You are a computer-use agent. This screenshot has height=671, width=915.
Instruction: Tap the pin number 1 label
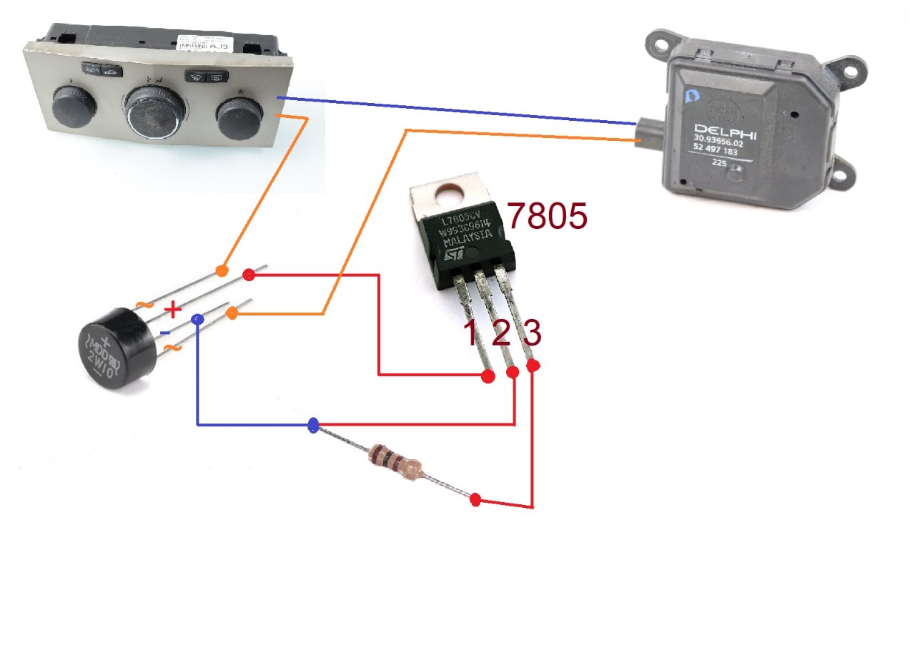pyautogui.click(x=470, y=333)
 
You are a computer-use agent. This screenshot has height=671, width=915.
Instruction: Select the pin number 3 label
pyautogui.click(x=532, y=333)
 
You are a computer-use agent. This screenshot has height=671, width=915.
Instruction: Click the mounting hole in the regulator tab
pyautogui.click(x=452, y=192)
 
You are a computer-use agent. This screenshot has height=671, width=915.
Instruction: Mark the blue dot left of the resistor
pyautogui.click(x=312, y=426)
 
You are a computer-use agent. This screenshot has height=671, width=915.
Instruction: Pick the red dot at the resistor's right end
pyautogui.click(x=476, y=499)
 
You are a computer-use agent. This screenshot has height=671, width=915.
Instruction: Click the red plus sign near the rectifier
pyautogui.click(x=173, y=310)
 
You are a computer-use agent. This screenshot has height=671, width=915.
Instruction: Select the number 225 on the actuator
pyautogui.click(x=719, y=162)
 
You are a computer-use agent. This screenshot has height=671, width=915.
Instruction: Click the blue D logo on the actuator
pyautogui.click(x=691, y=97)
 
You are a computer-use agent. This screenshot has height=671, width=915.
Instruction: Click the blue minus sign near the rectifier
pyautogui.click(x=164, y=332)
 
